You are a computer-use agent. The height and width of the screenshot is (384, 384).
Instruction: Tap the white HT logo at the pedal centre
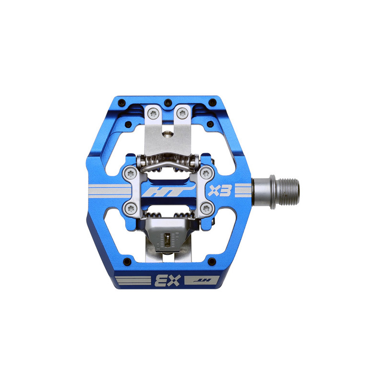pyautogui.click(x=169, y=191)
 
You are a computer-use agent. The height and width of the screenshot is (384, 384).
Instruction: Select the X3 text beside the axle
pyautogui.click(x=220, y=191)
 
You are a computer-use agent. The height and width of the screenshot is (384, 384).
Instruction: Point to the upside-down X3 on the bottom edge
pyautogui.click(x=168, y=280)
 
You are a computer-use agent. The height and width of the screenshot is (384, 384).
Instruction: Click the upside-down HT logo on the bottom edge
pyautogui.click(x=202, y=280)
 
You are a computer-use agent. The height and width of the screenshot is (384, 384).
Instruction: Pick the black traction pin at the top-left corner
pyautogui.click(x=121, y=102)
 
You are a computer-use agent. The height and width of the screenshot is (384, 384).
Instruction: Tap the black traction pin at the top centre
pyautogui.click(x=168, y=102)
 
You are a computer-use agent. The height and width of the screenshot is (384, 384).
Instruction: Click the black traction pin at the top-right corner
pyautogui.click(x=213, y=102)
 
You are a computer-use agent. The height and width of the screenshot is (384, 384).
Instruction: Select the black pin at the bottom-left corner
pyautogui.click(x=127, y=262)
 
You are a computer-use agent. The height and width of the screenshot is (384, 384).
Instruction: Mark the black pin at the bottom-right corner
pyautogui.click(x=212, y=262)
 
